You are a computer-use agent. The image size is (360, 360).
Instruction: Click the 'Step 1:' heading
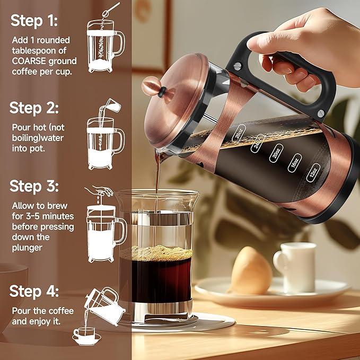point(34,21)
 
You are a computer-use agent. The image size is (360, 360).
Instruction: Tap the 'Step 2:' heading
point(34,108)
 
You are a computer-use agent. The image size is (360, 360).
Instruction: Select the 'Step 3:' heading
point(34,187)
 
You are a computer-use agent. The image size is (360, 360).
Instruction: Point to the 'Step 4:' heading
point(34,291)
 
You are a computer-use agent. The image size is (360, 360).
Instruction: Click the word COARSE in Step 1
point(31,60)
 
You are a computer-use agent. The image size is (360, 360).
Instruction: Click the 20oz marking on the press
point(275,154)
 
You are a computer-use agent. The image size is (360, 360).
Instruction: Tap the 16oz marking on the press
point(295,162)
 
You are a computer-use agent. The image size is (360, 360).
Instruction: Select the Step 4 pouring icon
point(98,315)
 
